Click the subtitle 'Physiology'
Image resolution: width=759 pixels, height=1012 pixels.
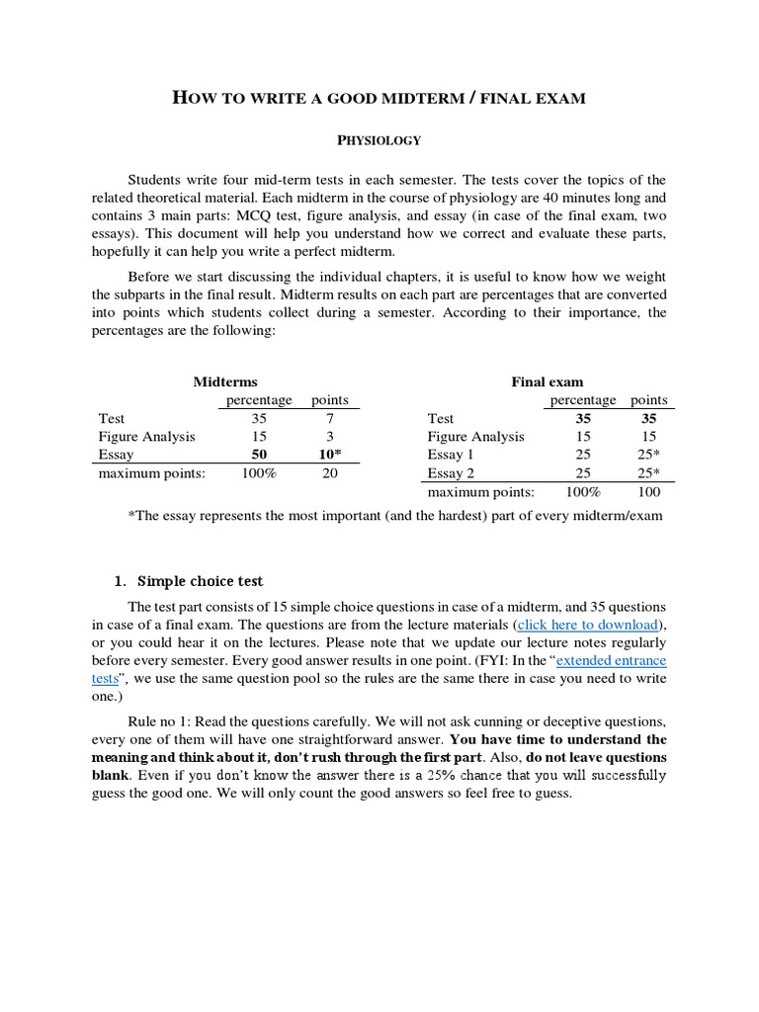pos(379,140)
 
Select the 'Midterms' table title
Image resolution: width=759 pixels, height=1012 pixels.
pos(225,381)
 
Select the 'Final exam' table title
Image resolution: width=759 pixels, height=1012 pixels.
pos(547,381)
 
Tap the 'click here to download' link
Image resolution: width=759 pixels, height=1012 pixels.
pos(587,625)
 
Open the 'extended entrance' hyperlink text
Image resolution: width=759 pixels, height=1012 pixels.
pos(612,660)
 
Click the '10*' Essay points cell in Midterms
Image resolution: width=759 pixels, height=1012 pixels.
pos(330,455)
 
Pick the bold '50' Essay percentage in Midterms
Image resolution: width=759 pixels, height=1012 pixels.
pos(260,455)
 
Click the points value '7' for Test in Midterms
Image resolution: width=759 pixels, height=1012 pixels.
pos(330,418)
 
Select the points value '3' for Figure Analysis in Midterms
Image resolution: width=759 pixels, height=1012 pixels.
pos(330,436)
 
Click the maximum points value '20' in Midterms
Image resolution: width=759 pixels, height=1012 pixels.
pos(330,473)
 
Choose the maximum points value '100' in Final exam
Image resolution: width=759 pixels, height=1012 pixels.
pos(648,491)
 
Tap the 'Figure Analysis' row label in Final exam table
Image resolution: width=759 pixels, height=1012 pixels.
pos(475,436)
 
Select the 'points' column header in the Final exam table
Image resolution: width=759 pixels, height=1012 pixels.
pos(648,400)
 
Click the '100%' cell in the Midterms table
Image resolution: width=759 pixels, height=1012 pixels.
pos(260,473)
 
